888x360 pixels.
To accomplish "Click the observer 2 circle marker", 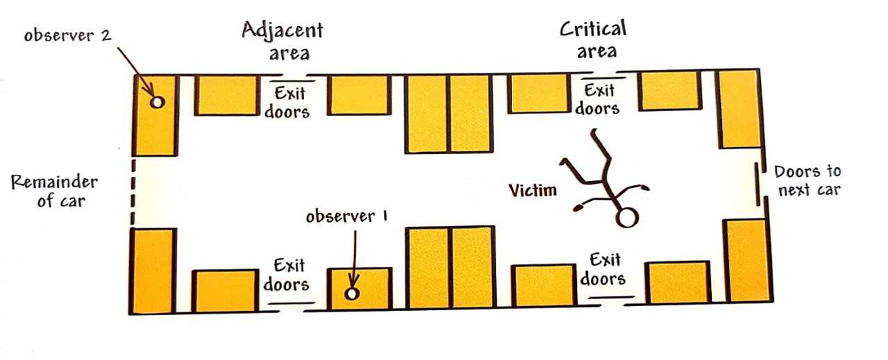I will point(157,102).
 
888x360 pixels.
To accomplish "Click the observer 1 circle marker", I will point(352,294).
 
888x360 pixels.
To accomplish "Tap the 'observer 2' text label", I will point(67,35).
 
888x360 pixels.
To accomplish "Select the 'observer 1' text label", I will point(348,216).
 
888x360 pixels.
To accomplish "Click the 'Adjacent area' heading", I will point(282,41).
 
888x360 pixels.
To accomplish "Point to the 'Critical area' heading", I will point(592,39).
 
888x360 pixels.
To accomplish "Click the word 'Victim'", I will point(533,190).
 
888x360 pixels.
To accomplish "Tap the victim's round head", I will point(626,218).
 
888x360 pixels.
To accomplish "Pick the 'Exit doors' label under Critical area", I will point(598,99).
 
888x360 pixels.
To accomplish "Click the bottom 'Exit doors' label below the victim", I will point(603,269).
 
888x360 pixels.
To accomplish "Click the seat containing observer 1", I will point(359,287).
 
